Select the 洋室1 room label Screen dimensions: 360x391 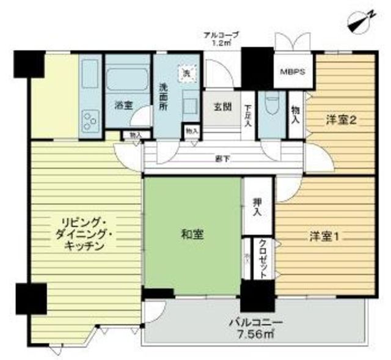(x=323, y=235)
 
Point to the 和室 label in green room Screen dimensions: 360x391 (x=192, y=234)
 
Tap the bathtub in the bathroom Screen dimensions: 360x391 (x=127, y=79)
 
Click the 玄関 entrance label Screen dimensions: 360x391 (x=222, y=106)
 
